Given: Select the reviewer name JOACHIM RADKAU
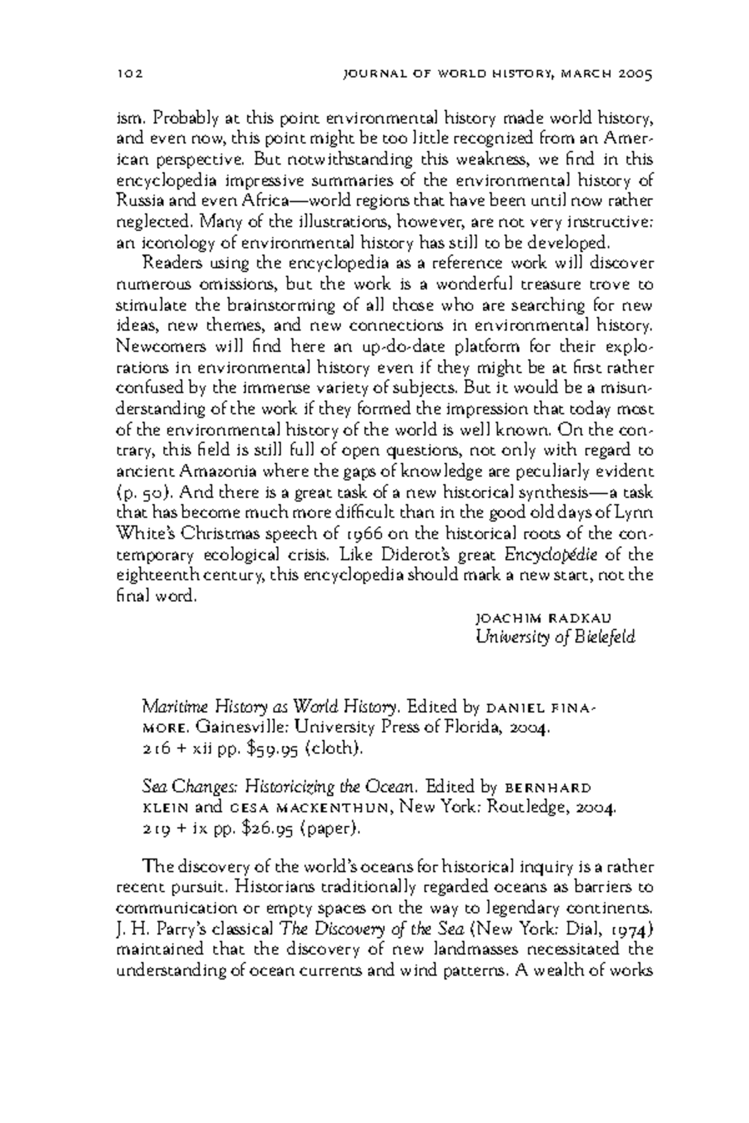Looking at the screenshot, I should click(x=543, y=618).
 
